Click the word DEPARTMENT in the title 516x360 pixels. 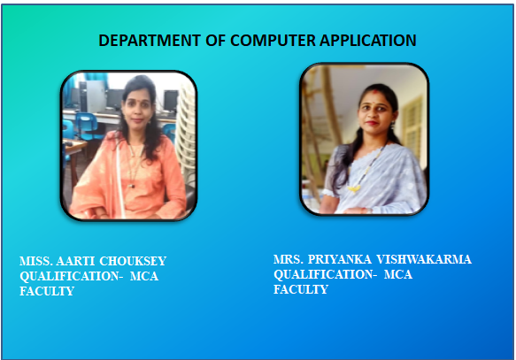[150, 41]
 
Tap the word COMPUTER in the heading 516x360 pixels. [273, 41]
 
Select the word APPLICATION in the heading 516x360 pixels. [368, 41]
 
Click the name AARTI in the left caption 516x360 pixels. [75, 261]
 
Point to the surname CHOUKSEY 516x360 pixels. [133, 261]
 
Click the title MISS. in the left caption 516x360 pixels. [36, 261]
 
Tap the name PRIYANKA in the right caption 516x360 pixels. [340, 259]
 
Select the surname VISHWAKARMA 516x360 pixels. [424, 259]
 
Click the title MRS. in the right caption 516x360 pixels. [289, 259]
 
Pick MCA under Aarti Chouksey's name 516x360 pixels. [144, 276]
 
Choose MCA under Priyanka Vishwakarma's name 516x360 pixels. [398, 274]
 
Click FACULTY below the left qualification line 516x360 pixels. [47, 291]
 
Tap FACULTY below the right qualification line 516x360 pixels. [301, 289]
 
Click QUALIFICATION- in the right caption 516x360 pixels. [326, 274]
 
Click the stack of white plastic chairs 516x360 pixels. [187, 132]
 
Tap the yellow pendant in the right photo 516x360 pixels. [354, 189]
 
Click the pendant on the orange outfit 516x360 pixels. [132, 186]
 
